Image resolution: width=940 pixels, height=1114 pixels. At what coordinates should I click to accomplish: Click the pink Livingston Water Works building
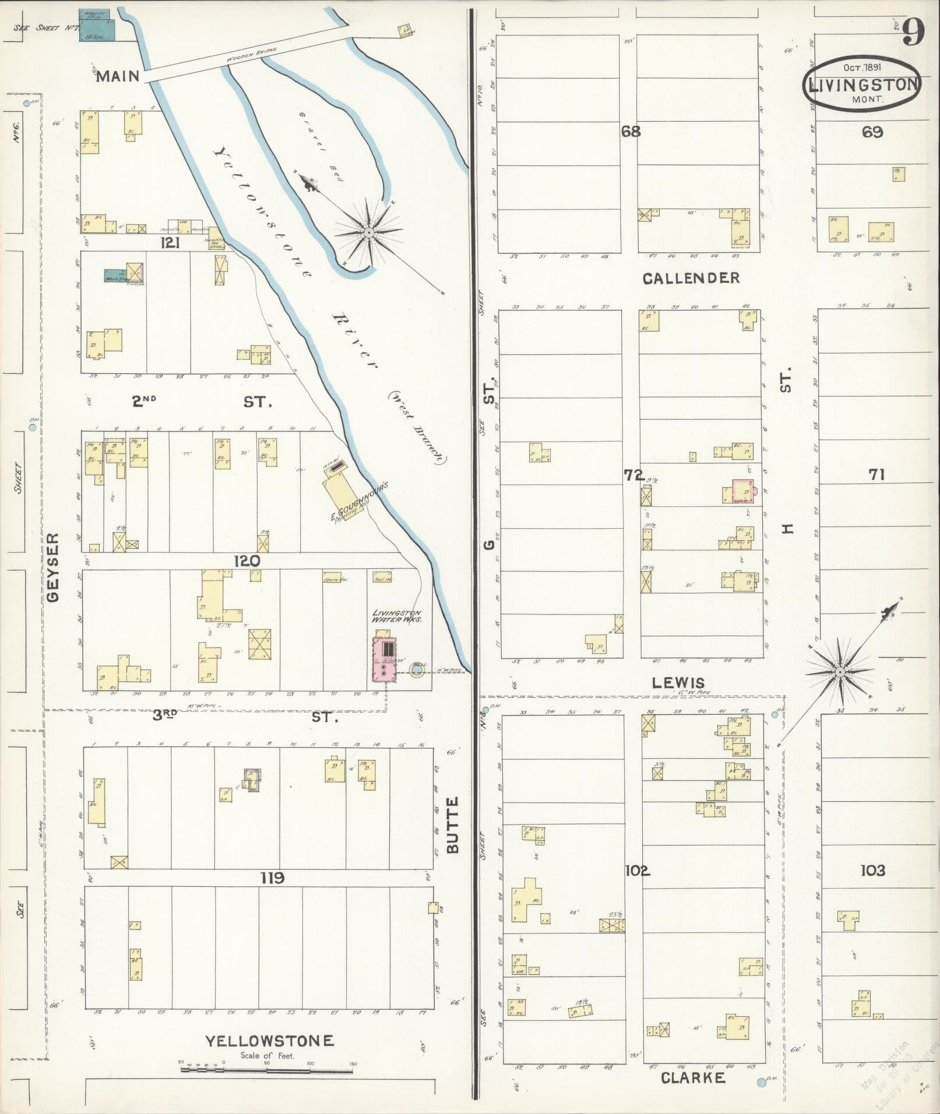385,660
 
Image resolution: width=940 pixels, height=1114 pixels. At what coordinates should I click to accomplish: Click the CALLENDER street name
691,278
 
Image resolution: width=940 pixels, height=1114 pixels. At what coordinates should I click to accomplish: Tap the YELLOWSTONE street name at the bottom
269,1041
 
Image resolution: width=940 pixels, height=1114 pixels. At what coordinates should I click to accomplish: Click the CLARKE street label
693,1078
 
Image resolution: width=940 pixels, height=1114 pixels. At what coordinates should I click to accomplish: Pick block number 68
630,132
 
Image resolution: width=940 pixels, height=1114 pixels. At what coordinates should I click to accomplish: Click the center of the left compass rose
368,232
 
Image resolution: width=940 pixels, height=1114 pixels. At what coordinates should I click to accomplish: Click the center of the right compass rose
840,673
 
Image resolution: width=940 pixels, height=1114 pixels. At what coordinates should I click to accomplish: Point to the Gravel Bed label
320,146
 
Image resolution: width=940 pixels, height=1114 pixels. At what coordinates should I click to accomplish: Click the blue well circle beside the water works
416,670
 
